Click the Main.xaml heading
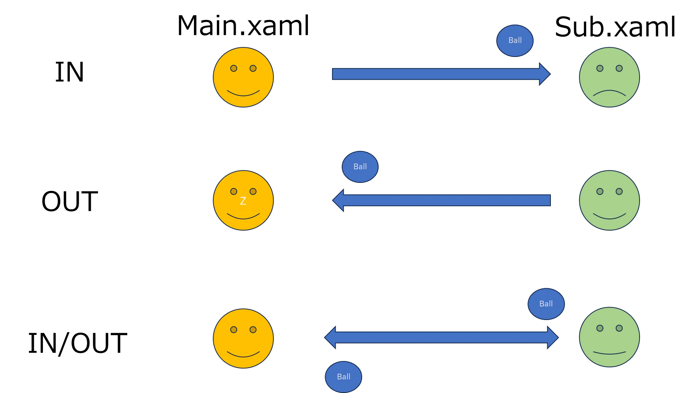243,26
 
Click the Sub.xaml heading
615,27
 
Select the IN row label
69,72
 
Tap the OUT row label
70,201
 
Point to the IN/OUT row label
77,343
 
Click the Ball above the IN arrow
515,41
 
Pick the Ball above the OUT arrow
360,167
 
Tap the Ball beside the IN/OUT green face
546,304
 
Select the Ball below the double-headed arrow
343,377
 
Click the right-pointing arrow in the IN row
441,74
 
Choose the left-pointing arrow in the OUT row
442,200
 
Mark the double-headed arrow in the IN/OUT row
441,337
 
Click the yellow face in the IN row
243,77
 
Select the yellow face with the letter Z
243,201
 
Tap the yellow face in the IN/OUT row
243,338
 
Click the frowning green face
609,77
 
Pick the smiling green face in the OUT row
609,201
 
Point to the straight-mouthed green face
609,337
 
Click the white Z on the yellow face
243,201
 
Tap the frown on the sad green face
609,91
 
